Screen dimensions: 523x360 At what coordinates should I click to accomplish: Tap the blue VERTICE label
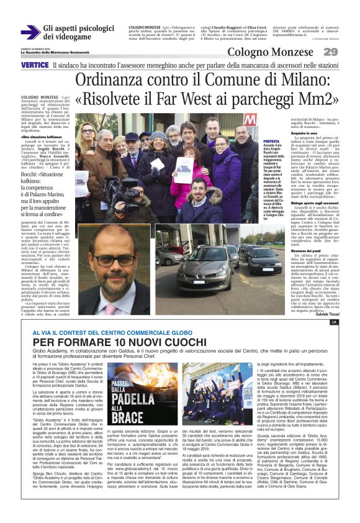pyautogui.click(x=35, y=65)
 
